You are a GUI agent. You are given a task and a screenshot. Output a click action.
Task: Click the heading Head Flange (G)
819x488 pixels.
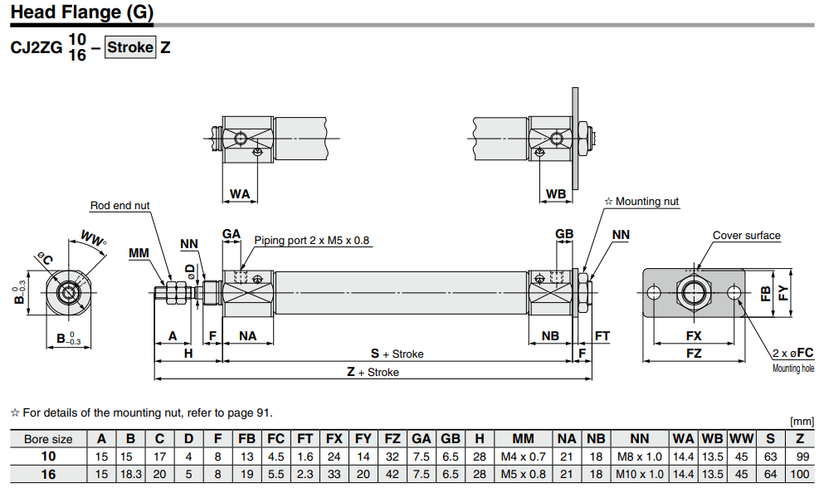coord(81,14)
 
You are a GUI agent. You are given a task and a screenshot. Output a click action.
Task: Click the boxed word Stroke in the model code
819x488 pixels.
coord(130,47)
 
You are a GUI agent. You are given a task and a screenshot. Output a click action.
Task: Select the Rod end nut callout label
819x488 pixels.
coord(120,206)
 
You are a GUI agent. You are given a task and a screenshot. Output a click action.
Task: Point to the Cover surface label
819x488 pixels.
coord(746,236)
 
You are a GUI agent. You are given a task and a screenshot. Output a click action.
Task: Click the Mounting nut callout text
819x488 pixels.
coord(646,201)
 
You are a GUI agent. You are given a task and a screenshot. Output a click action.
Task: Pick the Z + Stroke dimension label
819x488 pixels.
coord(373,373)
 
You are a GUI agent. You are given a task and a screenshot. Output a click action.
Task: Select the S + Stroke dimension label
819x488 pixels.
coord(397,354)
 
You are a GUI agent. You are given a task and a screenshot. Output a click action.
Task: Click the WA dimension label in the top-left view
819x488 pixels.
coord(239,194)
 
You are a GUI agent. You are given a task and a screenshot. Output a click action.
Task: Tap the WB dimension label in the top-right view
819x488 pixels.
coord(556,194)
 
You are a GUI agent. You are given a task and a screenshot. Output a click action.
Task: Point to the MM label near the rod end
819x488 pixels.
coord(139,252)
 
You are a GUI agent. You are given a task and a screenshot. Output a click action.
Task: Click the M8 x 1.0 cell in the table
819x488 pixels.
coord(640,456)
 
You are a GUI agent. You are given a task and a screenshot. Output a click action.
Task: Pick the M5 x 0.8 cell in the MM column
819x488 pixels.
coord(523,474)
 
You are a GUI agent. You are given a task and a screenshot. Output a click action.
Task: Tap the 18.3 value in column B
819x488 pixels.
coord(130,474)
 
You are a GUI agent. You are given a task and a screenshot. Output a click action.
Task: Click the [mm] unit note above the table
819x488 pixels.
coord(802,422)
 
